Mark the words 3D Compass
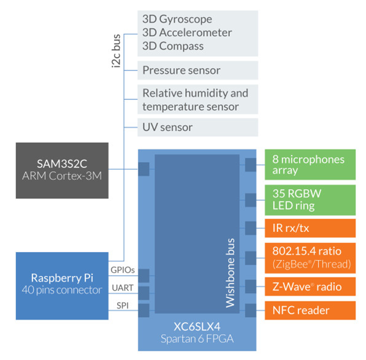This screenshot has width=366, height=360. point(173,46)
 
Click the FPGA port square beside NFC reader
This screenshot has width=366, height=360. point(250,310)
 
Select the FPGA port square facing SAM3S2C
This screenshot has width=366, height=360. point(143,169)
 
